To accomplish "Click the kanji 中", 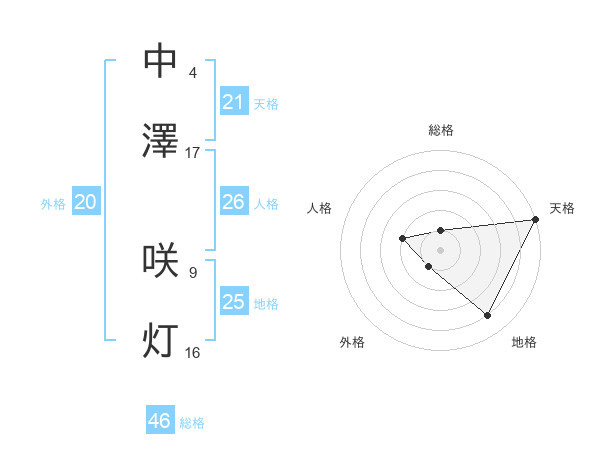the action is pos(161,62).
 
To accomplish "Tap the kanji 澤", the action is pos(161,141).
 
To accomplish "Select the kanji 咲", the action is pos(161,260).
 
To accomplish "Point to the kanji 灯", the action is pos(161,341).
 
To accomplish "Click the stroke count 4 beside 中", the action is pos(193,73).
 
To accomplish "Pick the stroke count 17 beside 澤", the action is pos(193,153).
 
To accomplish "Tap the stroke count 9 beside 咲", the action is pos(193,272).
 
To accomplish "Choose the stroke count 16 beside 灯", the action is pos(193,352).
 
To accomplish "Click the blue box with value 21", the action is pos(233,102).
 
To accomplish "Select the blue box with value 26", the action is pos(233,202).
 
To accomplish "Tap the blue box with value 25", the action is pos(233,302).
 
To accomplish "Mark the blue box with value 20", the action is pos(86,202).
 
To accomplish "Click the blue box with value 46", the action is pos(160,421).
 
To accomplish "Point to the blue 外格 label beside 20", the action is pos(53,204).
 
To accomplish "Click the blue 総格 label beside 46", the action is pos(192,423).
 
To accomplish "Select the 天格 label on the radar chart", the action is pos(562,208).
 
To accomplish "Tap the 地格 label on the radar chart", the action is pos(524,342).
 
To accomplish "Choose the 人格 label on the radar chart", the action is pos(320,208).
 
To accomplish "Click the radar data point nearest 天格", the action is pos(535,219).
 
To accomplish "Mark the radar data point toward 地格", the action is pos(488,316).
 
